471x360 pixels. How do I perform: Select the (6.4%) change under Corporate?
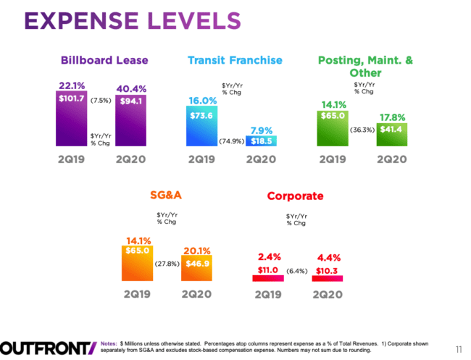[x=297, y=271]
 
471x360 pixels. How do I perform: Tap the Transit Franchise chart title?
[x=235, y=59]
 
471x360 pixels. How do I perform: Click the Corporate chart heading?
[x=295, y=196]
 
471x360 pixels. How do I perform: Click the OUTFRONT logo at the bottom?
[x=47, y=347]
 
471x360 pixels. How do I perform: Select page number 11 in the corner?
[x=458, y=346]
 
